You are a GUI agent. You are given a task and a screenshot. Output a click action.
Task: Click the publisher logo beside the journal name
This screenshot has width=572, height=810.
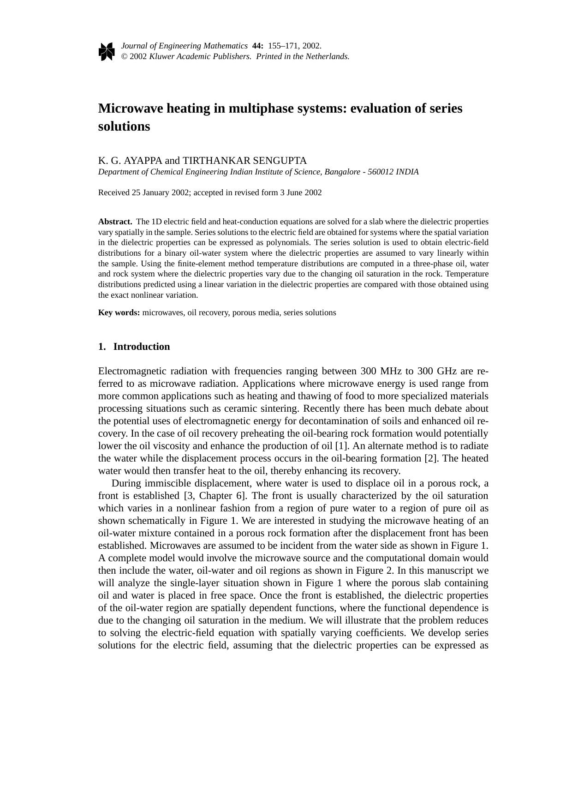click(x=106, y=51)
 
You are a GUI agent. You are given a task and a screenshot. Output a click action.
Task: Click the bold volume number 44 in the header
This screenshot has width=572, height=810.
click(x=257, y=46)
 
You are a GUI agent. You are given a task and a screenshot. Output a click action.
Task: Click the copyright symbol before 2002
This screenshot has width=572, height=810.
click(x=124, y=56)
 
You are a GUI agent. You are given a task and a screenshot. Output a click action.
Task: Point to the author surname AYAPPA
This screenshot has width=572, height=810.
click(x=143, y=161)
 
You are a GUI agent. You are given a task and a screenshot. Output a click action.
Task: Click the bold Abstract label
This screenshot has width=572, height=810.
click(x=115, y=222)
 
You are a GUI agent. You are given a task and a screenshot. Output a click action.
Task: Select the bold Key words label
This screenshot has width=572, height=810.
click(x=119, y=312)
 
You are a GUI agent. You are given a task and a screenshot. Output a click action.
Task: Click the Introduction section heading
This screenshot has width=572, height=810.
click(x=141, y=347)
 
